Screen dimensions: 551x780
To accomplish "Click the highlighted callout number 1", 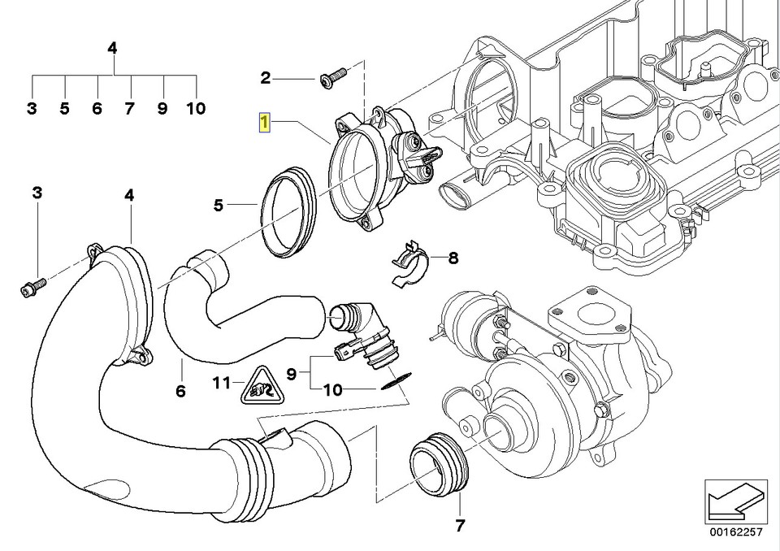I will click(264, 124).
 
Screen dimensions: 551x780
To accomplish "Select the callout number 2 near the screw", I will click(265, 78).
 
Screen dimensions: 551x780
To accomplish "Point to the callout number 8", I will click(453, 258).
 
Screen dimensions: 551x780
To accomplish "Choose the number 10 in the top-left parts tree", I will click(196, 108).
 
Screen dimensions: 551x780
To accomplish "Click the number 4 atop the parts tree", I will click(113, 48).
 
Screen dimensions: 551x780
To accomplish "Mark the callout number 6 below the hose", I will click(180, 391).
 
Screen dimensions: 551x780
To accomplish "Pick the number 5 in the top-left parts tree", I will click(64, 108).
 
